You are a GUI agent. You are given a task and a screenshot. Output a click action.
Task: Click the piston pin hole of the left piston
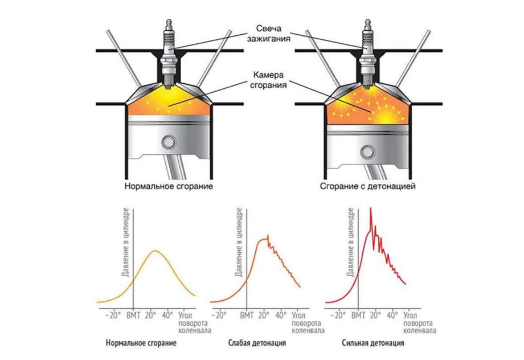click(169, 141)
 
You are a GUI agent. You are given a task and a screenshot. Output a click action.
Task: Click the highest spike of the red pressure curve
click(371, 209)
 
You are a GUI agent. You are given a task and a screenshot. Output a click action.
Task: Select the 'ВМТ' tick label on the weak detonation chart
click(247, 314)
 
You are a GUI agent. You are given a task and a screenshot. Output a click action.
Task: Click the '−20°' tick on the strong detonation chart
click(338, 314)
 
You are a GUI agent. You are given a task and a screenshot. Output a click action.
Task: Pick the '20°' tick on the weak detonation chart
click(264, 314)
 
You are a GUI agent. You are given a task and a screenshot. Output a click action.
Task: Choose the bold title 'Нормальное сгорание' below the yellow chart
click(141, 344)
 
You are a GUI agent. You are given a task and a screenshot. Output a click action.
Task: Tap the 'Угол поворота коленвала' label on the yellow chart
click(189, 322)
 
